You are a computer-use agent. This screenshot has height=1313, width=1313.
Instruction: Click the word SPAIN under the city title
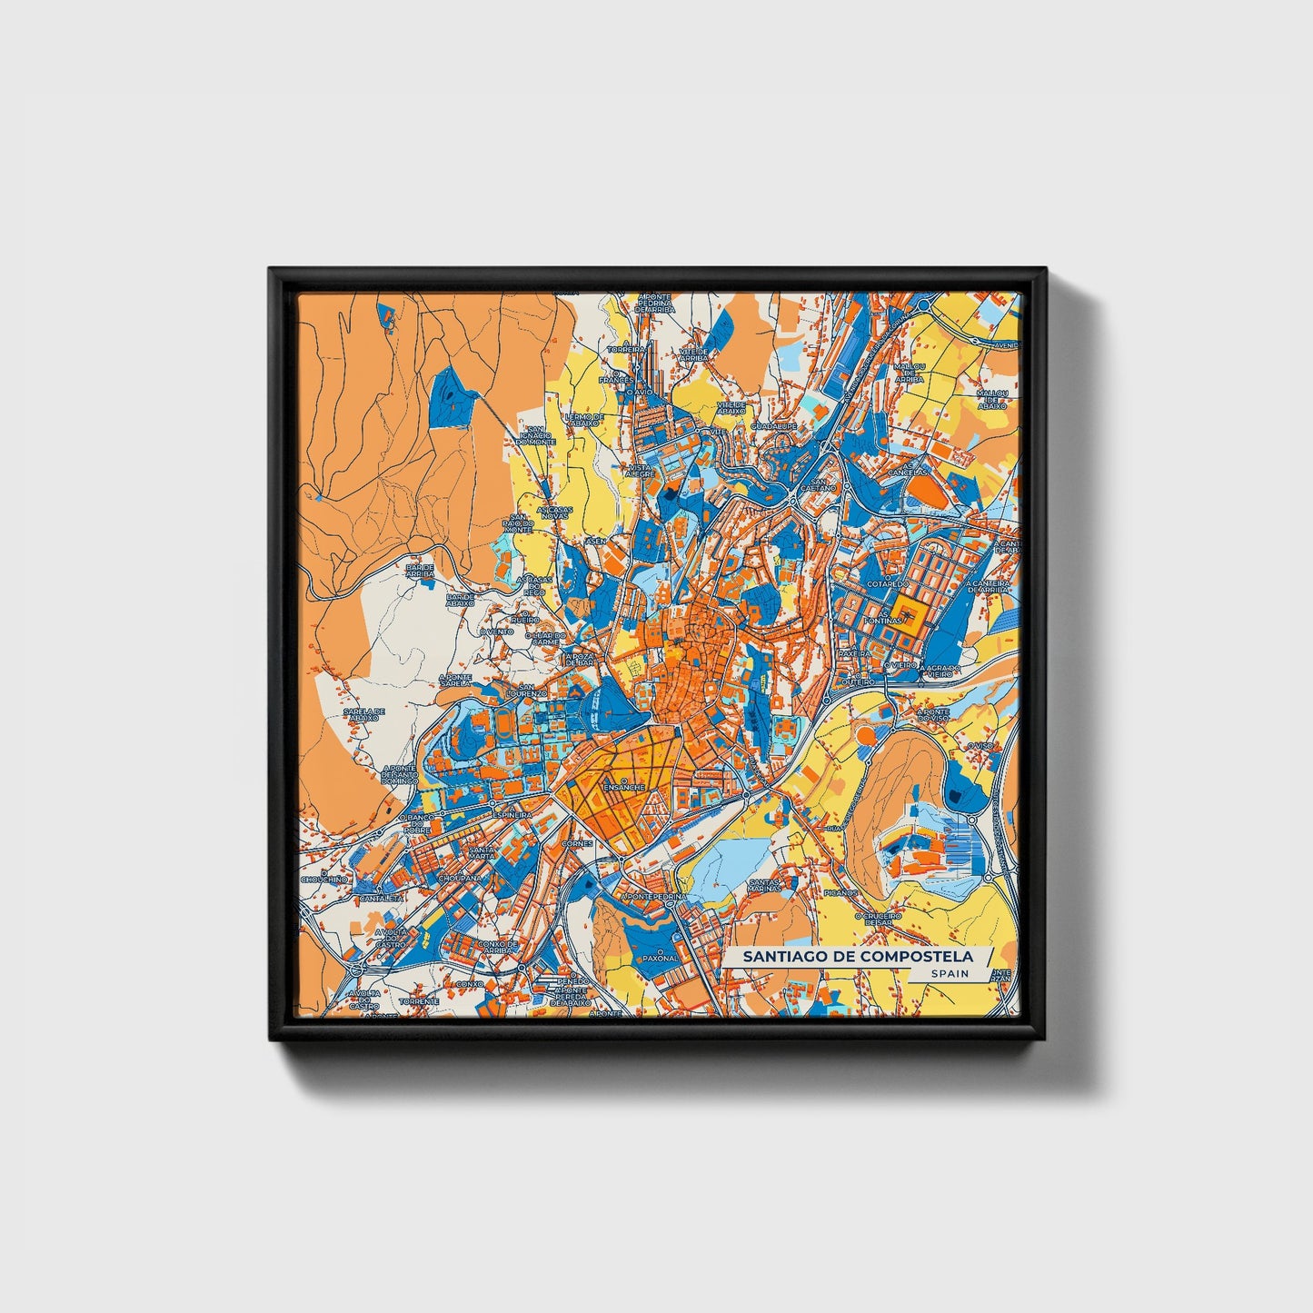click(x=949, y=973)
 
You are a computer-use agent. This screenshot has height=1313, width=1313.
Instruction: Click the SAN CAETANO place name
click(x=823, y=485)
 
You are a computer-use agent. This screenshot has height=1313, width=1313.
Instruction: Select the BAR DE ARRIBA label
click(x=420, y=570)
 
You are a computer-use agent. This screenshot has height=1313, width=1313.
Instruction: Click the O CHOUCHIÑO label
click(x=324, y=880)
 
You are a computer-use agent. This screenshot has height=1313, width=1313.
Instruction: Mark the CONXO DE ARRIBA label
click(x=497, y=948)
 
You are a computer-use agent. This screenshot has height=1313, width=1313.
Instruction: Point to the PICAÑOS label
click(x=841, y=893)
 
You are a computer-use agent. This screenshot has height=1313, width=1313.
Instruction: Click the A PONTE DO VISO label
click(x=933, y=715)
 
